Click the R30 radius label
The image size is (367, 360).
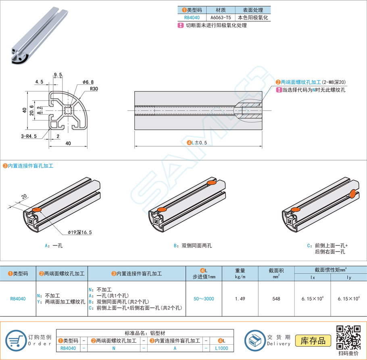(x=94, y=89)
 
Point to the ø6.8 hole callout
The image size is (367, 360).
(x=88, y=82)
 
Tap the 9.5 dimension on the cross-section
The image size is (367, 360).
(x=58, y=75)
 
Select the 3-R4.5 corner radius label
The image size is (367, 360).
(x=29, y=136)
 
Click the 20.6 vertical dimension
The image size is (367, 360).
(x=31, y=110)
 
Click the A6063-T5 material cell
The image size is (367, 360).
(x=221, y=18)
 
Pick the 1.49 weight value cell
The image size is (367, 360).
(x=240, y=299)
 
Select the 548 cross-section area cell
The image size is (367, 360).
(x=276, y=299)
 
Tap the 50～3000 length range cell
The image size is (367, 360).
(x=204, y=299)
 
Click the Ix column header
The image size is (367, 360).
(x=313, y=277)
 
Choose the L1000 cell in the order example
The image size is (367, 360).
(x=221, y=348)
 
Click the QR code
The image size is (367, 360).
(x=348, y=337)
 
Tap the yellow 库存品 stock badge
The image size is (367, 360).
(x=313, y=341)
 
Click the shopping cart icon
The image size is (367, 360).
(x=16, y=340)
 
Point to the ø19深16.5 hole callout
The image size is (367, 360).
(x=80, y=232)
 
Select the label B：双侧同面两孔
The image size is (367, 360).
(x=193, y=246)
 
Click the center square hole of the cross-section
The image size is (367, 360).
(x=68, y=110)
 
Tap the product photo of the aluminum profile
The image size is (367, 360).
(x=40, y=36)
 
